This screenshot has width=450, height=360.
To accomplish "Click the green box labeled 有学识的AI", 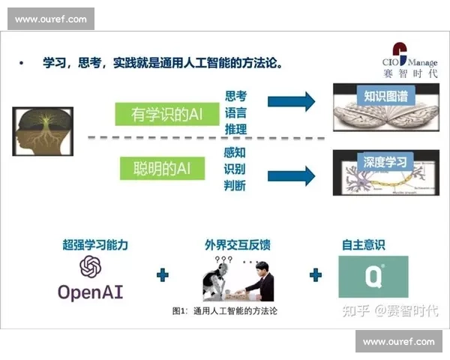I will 167,114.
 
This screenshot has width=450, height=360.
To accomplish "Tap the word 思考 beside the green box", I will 235,97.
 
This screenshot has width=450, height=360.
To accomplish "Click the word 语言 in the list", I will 235,114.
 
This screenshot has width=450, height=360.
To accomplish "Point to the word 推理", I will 235,130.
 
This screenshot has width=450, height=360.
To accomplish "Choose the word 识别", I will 235,169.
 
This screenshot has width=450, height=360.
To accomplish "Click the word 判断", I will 235,185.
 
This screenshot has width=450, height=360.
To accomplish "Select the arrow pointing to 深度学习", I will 291,175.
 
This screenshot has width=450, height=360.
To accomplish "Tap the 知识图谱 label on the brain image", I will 385,96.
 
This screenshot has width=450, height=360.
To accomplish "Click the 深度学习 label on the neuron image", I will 385,162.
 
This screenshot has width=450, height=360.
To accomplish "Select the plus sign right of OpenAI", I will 163,275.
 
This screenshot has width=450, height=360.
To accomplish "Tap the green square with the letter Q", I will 373,276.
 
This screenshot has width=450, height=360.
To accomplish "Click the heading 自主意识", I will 373,244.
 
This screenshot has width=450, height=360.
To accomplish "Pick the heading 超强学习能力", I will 95,244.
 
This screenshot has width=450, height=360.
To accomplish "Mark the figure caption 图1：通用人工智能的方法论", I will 224,310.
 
